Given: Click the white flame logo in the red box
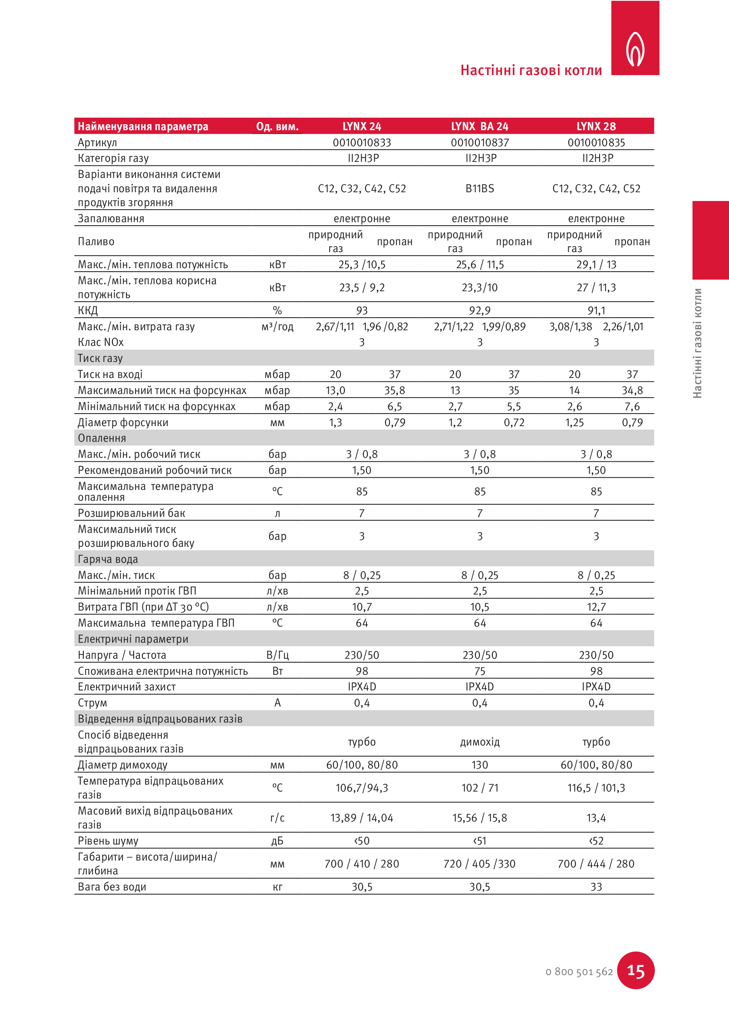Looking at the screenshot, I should coord(635,49).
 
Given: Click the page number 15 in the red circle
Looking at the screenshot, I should coord(635,971).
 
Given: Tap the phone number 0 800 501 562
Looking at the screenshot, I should coord(579,972).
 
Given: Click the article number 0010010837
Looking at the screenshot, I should coord(479,143).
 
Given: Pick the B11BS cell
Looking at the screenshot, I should coord(479,188).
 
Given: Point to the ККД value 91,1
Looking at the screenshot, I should coord(596,310).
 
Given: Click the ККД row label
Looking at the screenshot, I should coord(88,310).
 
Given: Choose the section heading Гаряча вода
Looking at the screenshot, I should coord(108,559).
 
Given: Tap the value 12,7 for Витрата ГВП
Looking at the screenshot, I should coord(596,607).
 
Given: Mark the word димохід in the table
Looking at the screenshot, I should coord(479,742).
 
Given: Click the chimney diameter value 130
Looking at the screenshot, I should coord(479,765).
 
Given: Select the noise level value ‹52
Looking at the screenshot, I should coord(596,841).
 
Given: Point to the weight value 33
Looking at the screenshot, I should coord(596,887).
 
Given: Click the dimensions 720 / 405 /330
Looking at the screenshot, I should coord(479,864).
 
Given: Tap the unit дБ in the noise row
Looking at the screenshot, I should coord(277,841).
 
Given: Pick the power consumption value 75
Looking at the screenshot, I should coord(479,671).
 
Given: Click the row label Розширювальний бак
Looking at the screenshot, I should coord(131,513).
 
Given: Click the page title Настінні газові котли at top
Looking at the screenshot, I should coord(531,70).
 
